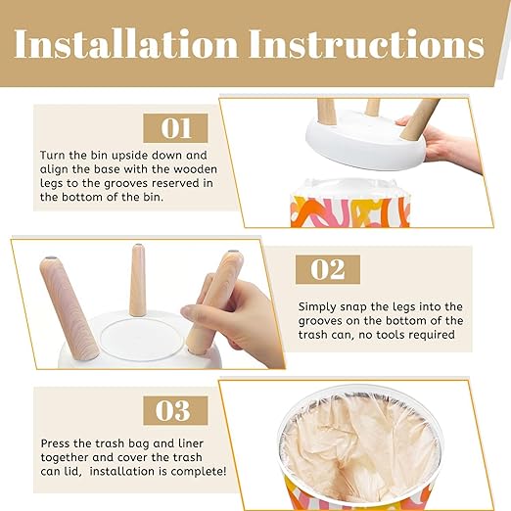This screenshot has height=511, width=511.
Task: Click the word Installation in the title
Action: [126, 44]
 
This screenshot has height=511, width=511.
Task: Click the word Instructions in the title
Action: [367, 44]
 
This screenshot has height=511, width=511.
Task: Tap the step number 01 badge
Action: [175, 128]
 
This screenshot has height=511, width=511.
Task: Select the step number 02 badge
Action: [328, 269]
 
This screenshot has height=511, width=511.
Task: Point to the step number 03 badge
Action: [175, 410]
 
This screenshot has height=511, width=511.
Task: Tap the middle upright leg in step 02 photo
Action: [137, 280]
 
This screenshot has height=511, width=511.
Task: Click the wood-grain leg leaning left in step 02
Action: [69, 307]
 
